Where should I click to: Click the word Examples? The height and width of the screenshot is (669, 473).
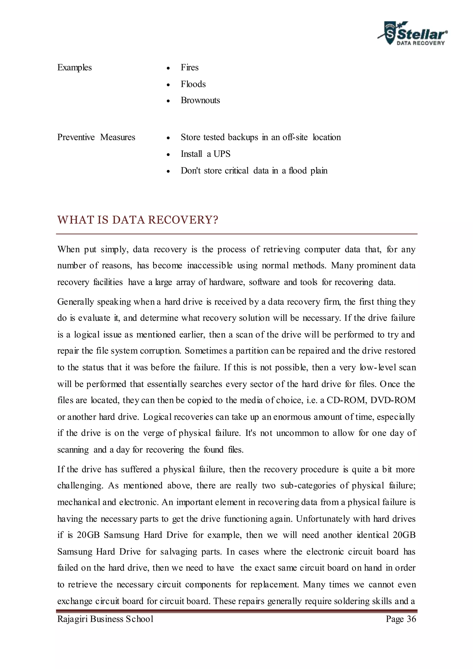[x=74, y=68]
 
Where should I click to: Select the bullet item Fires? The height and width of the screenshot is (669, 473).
[x=189, y=68]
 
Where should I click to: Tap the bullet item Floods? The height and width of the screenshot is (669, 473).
[x=193, y=84]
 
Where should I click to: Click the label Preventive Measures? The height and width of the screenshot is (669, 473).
[x=96, y=137]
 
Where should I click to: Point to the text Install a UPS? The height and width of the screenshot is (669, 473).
[x=205, y=154]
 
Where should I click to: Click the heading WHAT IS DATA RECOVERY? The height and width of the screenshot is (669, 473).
[x=137, y=220]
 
